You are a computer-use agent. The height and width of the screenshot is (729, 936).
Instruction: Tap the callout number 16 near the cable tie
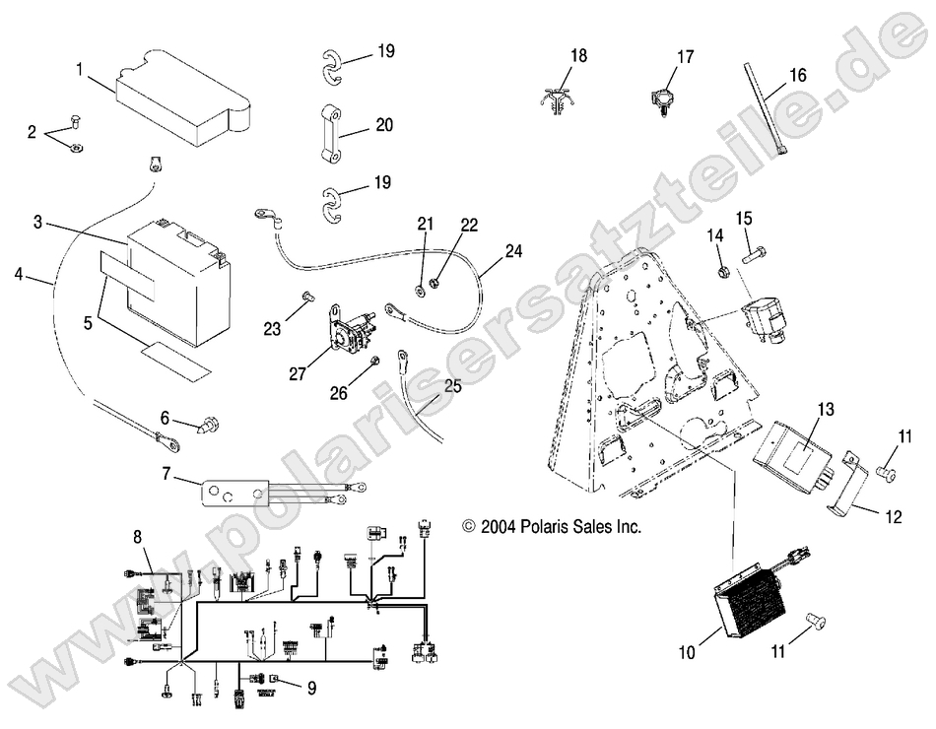click(797, 74)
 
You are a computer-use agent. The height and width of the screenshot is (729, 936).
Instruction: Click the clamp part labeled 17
click(659, 99)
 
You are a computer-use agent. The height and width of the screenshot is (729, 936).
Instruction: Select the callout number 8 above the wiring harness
click(138, 537)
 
